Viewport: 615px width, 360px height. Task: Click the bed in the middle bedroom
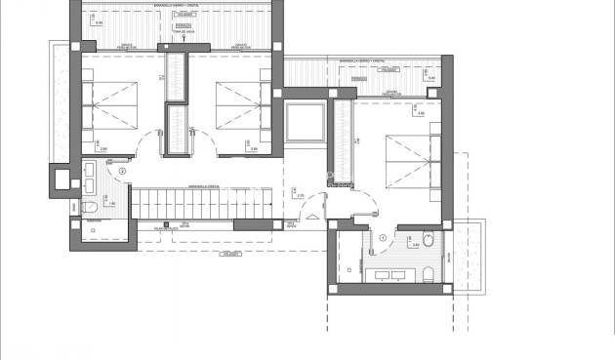[x=238, y=103]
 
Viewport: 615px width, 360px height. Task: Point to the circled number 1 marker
[x=384, y=235]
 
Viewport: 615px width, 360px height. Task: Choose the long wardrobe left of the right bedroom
[x=341, y=137]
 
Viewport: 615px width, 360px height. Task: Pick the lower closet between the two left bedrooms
[x=176, y=129]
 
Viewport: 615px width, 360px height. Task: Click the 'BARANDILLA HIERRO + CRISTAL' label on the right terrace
[x=366, y=61]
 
